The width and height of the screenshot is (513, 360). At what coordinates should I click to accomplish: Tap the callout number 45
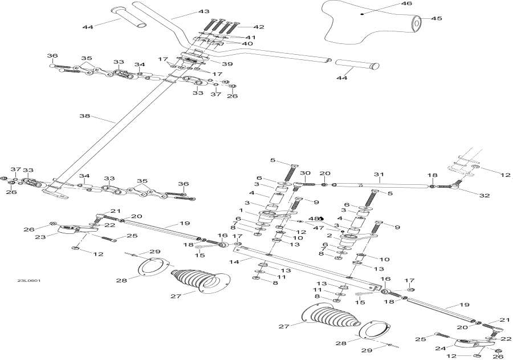[x=437, y=18]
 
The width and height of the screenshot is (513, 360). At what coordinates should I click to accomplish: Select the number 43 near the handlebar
[x=204, y=11]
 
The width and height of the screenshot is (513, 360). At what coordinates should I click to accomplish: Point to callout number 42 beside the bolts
[x=259, y=27]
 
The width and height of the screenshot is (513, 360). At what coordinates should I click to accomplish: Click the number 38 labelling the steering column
[x=85, y=116]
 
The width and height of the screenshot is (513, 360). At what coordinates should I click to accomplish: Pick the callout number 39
[x=227, y=63]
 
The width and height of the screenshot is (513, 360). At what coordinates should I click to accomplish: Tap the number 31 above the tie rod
[x=379, y=175]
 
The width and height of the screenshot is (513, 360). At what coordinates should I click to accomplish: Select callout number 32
[x=484, y=196]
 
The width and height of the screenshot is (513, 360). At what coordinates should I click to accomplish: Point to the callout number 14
[x=234, y=262]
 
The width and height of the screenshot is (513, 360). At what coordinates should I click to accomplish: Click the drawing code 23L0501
[x=30, y=281]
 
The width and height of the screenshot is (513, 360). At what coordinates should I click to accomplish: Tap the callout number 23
[x=40, y=237]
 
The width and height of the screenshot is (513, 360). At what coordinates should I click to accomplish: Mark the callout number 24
[x=441, y=349]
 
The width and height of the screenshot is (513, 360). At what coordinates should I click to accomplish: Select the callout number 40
[x=247, y=43]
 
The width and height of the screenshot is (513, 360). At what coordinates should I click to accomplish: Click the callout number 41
[x=250, y=37]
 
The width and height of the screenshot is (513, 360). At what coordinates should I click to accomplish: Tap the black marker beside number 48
[x=321, y=219]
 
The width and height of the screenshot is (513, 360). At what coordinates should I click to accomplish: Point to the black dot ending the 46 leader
[x=362, y=14]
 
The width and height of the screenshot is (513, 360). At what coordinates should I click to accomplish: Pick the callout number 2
[x=329, y=236]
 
